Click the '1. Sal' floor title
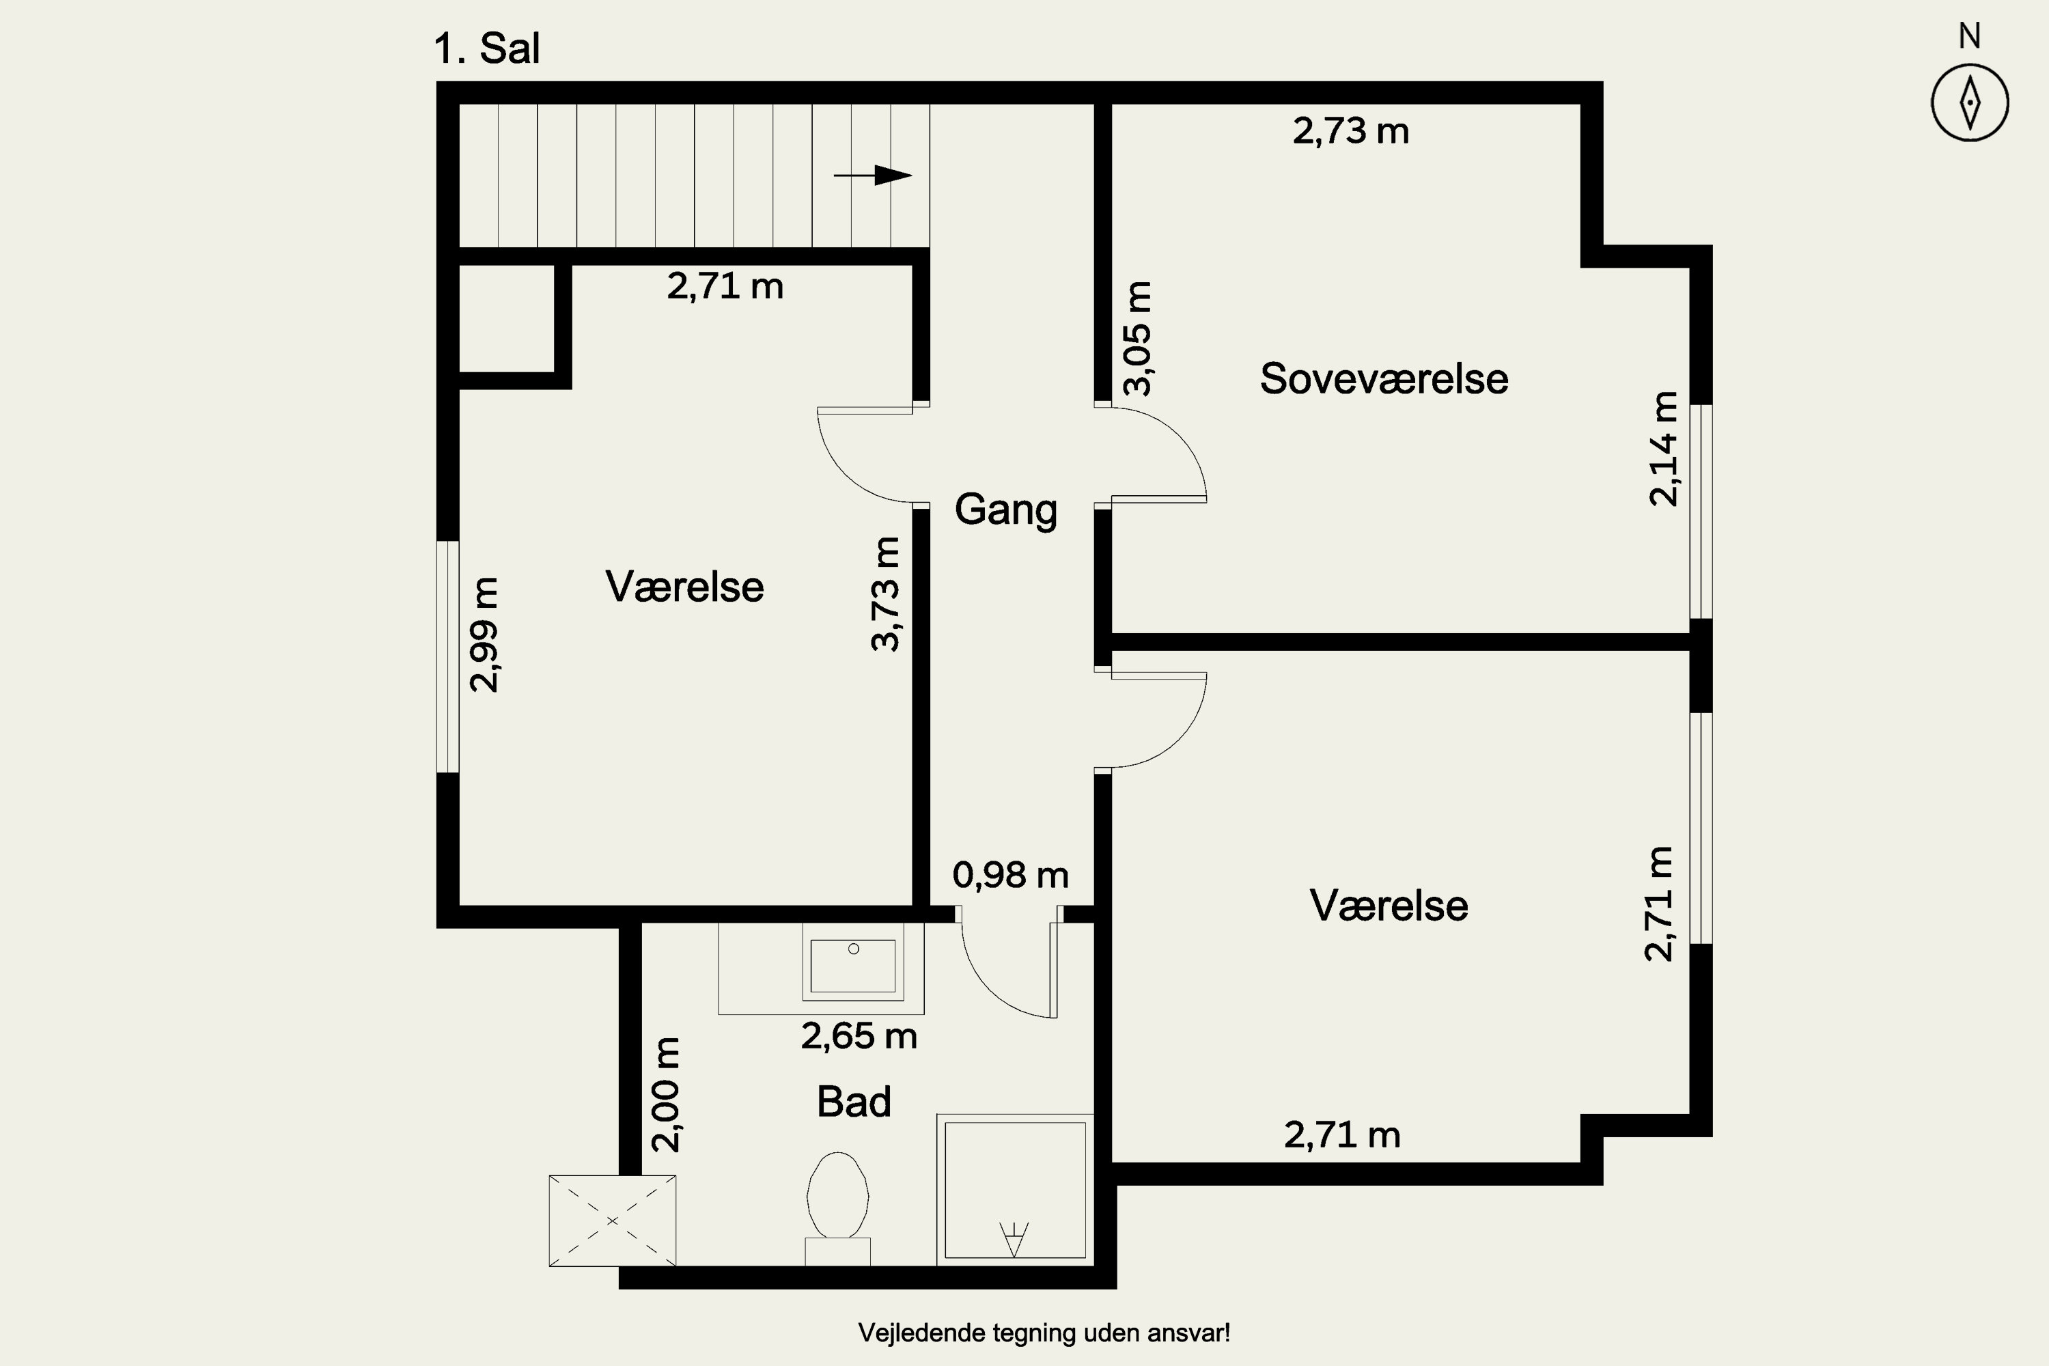click(487, 48)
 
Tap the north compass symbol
click(1970, 102)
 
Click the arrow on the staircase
click(872, 175)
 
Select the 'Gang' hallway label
click(1005, 510)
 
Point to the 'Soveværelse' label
click(1384, 379)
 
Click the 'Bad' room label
click(854, 1102)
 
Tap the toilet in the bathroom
click(838, 1208)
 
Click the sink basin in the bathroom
click(853, 965)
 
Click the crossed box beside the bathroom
click(613, 1221)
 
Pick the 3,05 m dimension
click(1138, 338)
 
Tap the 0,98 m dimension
click(1011, 875)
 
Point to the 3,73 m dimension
click(885, 594)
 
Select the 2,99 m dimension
click(484, 635)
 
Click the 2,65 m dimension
click(859, 1036)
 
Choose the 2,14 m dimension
click(1663, 448)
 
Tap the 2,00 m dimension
click(665, 1094)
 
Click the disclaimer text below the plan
click(1044, 1333)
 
